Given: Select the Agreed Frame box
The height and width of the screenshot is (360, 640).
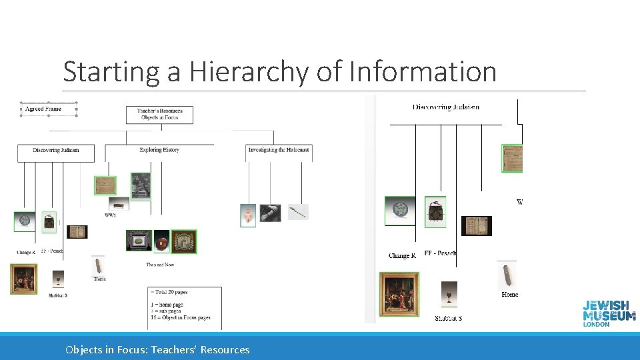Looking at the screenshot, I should click(x=48, y=109).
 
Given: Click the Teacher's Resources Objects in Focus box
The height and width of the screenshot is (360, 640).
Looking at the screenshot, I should click(x=159, y=114).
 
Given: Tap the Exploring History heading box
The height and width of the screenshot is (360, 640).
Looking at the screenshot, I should click(x=159, y=151).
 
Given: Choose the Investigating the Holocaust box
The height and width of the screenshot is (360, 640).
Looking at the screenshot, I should click(x=279, y=151).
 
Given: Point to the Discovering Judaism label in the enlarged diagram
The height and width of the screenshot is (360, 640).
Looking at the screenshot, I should click(x=445, y=107).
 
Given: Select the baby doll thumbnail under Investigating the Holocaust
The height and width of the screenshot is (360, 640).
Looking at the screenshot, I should click(x=248, y=215).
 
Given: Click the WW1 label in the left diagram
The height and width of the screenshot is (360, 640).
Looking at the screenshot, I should click(x=111, y=215).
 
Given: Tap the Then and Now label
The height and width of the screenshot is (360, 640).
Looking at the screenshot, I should click(x=160, y=265).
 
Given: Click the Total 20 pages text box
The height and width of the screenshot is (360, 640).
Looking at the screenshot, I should click(x=185, y=307).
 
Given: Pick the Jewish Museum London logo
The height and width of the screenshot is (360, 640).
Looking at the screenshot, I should click(x=609, y=313).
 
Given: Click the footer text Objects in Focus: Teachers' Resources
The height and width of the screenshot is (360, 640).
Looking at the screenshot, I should click(x=157, y=350).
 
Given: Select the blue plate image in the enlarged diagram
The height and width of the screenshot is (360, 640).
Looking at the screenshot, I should click(x=400, y=211).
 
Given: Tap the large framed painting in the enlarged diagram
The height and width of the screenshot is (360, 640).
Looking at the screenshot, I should click(x=399, y=293).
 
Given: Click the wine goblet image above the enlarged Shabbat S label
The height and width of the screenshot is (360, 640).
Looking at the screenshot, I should click(x=449, y=293).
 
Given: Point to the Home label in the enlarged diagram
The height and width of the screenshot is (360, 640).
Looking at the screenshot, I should click(x=509, y=295).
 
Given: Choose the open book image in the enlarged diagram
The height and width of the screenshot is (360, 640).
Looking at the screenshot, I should click(x=477, y=225).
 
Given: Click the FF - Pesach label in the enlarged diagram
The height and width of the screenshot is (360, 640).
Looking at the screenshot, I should click(x=440, y=253).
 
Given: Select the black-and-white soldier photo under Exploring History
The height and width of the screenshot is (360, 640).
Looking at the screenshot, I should click(x=141, y=186).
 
